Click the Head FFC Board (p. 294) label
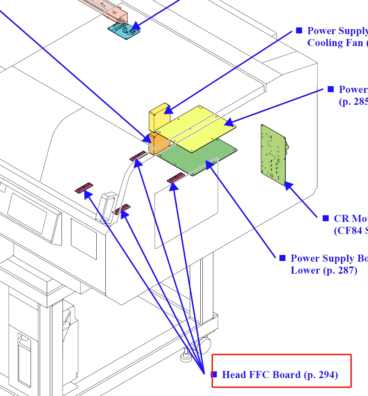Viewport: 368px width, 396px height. tap(280, 375)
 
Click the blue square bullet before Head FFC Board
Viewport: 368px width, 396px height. tap(214, 374)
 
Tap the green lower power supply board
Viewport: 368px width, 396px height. tap(197, 157)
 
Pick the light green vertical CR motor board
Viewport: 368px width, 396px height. tap(273, 155)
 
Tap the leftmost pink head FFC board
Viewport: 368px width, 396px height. tap(84, 188)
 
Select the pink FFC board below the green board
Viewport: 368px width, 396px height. tap(176, 178)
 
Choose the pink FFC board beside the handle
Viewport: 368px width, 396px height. tap(122, 209)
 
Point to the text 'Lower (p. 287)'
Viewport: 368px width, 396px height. tap(324, 270)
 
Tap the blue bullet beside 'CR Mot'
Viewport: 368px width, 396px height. tap(326, 218)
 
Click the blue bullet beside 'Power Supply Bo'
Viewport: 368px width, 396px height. tap(282, 258)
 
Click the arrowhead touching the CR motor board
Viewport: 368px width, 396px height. tap(289, 185)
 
